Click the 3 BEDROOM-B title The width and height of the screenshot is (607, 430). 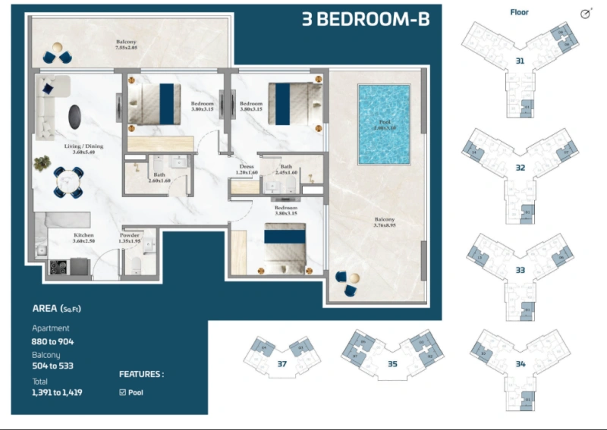point(365,19)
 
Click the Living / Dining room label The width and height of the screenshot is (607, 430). point(83,149)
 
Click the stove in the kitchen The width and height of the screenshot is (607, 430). point(59,267)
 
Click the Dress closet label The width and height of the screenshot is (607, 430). point(246,169)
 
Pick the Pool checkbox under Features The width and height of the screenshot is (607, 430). point(123,392)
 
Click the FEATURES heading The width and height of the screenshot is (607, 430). point(141,374)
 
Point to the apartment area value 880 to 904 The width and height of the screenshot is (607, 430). point(52,341)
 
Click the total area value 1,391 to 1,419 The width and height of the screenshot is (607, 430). point(57,393)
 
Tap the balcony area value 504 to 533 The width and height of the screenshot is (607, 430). point(52,366)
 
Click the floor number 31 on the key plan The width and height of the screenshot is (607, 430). point(520,61)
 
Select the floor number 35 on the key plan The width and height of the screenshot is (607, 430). point(392,364)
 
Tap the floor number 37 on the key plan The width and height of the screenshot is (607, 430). point(281,364)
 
